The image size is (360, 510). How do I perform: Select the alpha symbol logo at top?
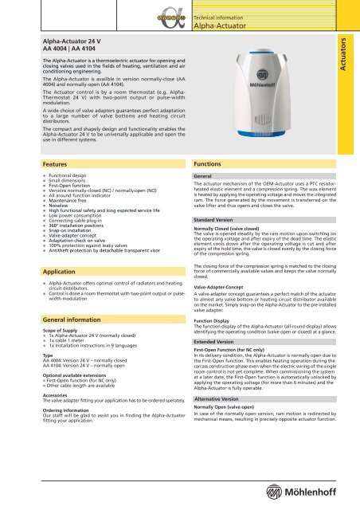click(169, 15)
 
